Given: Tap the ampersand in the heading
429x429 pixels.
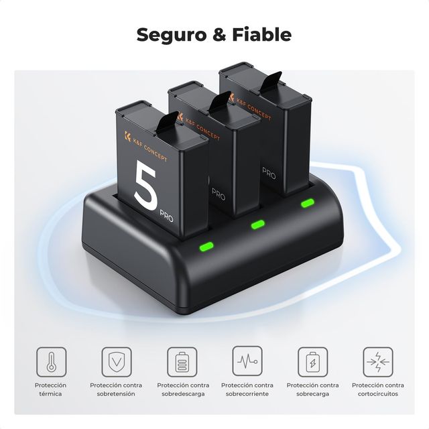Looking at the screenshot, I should coord(217,35).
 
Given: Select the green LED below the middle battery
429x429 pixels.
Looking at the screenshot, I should coord(258,225).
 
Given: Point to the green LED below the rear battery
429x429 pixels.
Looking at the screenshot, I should coord(308,203).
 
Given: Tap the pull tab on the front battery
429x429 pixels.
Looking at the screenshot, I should coord(168,123).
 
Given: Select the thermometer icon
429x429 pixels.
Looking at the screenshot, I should coord(51,361).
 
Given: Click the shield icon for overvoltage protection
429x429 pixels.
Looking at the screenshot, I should coord(117,361).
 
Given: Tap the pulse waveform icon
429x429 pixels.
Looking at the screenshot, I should coord(247,361).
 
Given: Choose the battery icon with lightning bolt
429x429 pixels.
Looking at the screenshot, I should coord(312,361).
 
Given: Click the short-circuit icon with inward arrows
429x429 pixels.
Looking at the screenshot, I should coord(378,361).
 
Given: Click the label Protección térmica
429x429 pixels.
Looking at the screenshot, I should coord(51,389).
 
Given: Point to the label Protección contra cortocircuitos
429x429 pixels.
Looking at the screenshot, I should coord(378,389).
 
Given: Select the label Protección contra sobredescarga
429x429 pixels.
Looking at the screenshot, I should coord(182,389).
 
